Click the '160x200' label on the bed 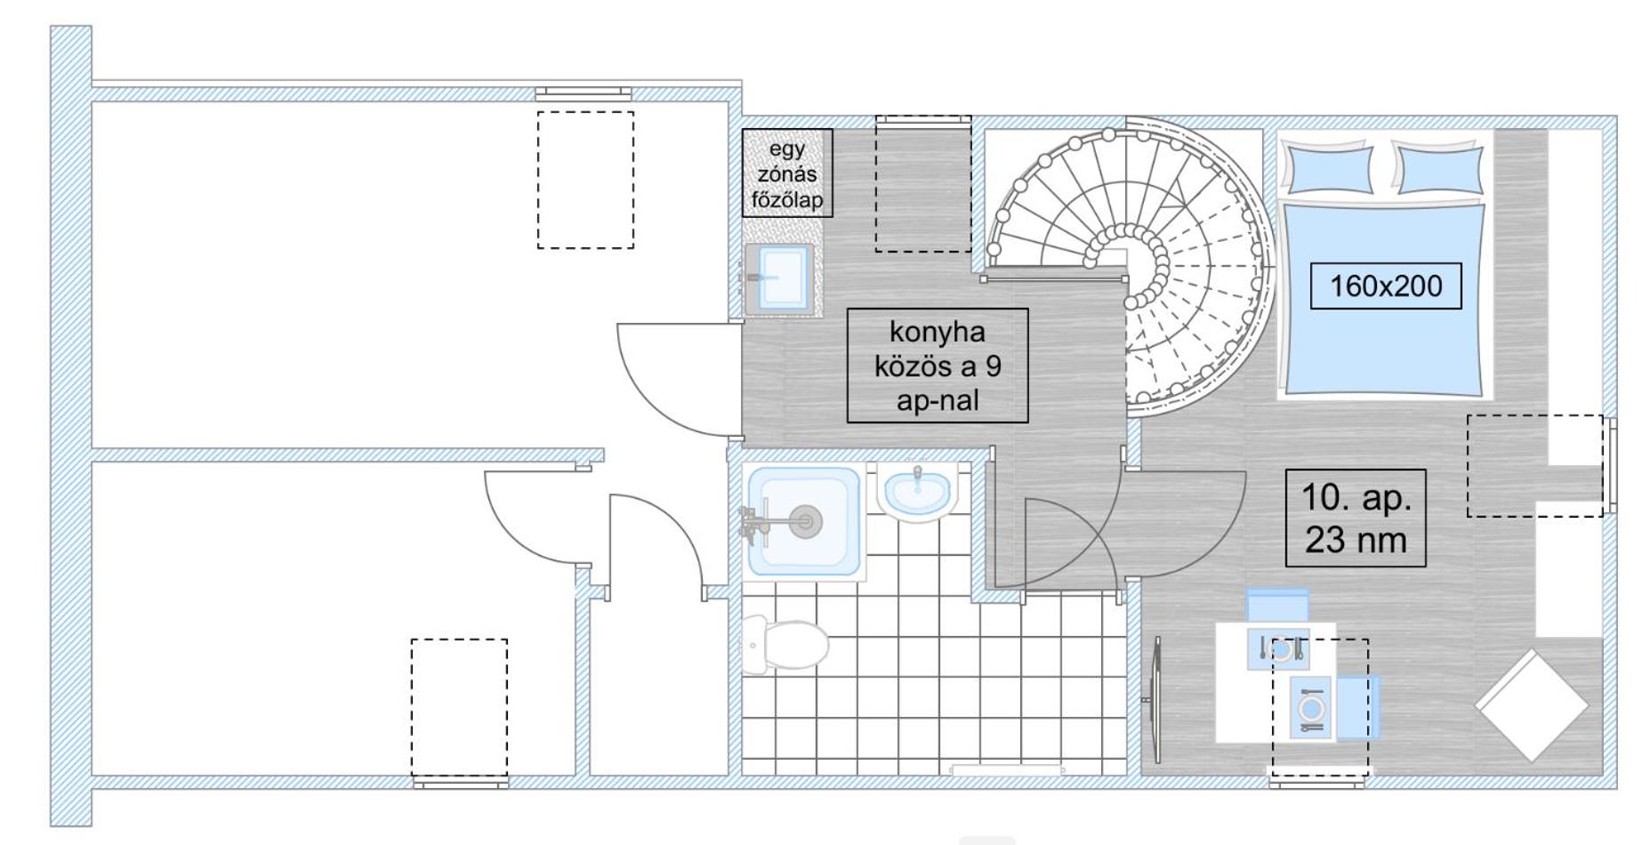(x=1385, y=286)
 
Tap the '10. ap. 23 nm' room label (x=1356, y=519)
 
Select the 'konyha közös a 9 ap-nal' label (x=938, y=366)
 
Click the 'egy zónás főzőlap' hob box (x=787, y=173)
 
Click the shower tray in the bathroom (x=805, y=522)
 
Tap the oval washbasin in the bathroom (x=918, y=491)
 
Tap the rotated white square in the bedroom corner (x=1532, y=705)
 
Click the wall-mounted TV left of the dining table (x=1155, y=700)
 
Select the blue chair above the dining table (x=1277, y=605)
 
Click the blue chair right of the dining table (x=1357, y=707)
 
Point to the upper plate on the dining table (x=1280, y=650)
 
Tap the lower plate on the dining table (x=1310, y=708)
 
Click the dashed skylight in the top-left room (x=585, y=180)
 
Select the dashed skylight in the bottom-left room (x=459, y=707)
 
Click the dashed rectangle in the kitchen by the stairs (x=923, y=183)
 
